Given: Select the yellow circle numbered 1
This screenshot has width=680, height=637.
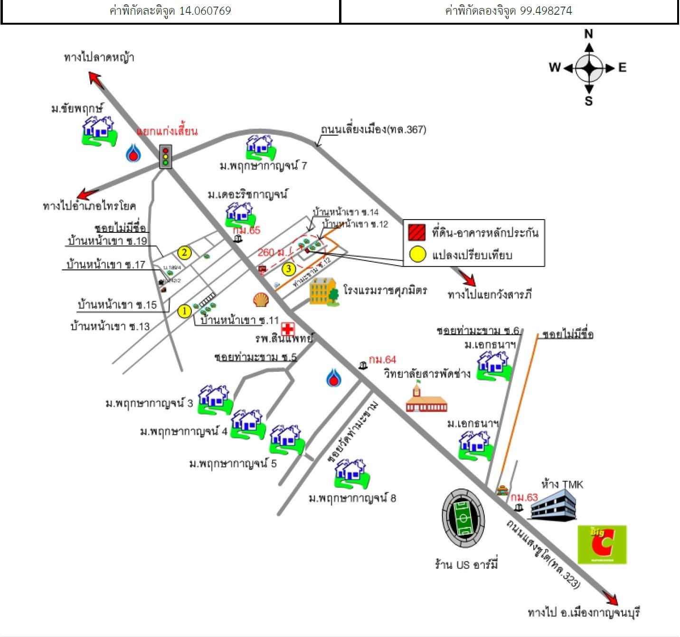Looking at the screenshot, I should [x=184, y=312].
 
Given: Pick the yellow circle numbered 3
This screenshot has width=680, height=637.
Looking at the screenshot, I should [x=289, y=269].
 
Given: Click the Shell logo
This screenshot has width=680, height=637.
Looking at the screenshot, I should [x=261, y=300].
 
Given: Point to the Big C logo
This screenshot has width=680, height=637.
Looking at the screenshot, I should [x=602, y=544].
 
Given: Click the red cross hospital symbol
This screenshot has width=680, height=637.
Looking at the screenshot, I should [x=287, y=329].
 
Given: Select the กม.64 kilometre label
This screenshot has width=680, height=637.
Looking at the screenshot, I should [x=382, y=360].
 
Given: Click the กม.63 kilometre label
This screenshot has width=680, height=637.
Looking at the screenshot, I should [x=524, y=498].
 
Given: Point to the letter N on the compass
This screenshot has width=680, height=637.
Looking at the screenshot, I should [x=588, y=34].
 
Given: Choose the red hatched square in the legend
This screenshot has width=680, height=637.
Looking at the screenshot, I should [x=416, y=233].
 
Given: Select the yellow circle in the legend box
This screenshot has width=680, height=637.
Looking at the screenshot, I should [x=417, y=255].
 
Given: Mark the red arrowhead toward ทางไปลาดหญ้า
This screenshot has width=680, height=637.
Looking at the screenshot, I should [x=95, y=78].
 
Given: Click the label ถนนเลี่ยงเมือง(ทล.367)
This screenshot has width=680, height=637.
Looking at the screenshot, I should [x=373, y=129].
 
